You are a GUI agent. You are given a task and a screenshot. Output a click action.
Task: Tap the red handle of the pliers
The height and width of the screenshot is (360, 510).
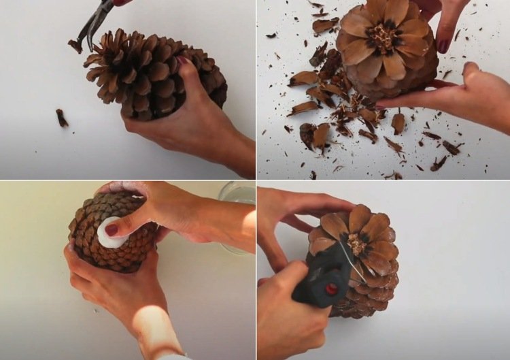click(121, 3)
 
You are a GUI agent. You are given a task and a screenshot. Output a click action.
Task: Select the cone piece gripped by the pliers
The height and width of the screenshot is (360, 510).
click(74, 46)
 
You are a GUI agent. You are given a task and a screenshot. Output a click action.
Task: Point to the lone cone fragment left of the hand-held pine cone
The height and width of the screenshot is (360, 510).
click(62, 118)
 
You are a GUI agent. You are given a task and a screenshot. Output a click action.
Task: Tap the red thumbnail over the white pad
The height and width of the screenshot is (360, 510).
click(112, 230)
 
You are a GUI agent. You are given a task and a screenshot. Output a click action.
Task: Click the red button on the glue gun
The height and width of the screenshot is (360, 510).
click(331, 288)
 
